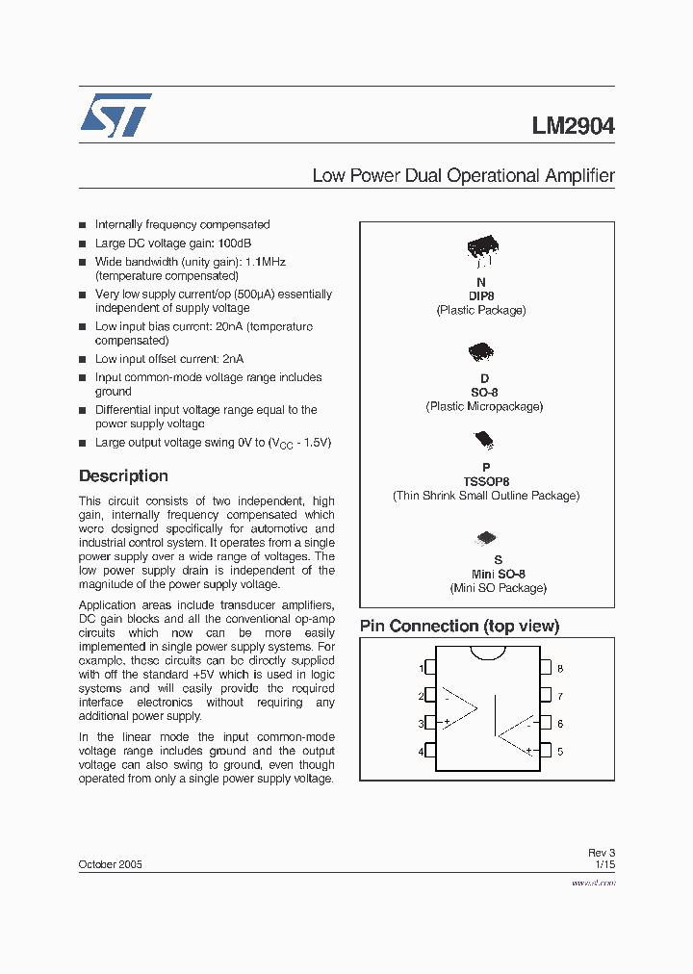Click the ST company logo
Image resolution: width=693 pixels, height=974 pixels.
(115, 115)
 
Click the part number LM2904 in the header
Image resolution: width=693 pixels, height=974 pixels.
(573, 126)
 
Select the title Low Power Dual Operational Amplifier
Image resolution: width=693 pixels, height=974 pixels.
(463, 176)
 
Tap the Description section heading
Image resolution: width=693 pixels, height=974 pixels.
(123, 475)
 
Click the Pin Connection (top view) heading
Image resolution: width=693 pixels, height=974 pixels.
(459, 626)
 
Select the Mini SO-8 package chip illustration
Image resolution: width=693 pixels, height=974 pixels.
(486, 539)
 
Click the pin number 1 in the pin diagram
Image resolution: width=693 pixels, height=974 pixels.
(422, 668)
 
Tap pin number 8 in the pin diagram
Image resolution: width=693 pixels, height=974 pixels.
(560, 668)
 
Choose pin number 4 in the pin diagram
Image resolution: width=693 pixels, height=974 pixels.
(422, 751)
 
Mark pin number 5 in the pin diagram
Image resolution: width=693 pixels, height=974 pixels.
(560, 751)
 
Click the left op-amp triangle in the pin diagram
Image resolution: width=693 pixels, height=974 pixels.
(459, 708)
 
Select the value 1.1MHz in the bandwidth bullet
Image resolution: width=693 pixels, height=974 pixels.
(265, 262)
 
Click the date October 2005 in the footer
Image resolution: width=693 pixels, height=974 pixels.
(110, 864)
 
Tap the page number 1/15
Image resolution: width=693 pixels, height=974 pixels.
(604, 864)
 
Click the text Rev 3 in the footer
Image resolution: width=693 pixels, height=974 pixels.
(601, 852)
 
